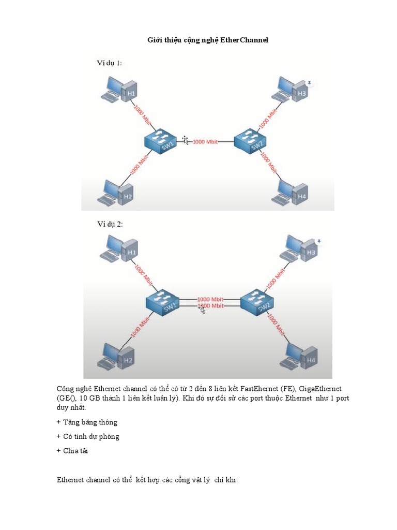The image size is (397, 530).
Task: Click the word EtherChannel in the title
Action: (245, 40)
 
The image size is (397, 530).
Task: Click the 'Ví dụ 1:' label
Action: (110, 63)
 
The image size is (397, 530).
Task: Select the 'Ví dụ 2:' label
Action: (110, 224)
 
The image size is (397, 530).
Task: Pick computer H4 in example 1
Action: (290, 193)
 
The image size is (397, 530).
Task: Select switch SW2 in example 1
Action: (251, 141)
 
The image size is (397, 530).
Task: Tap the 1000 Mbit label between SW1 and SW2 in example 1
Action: (205, 142)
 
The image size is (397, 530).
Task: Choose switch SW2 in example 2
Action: (257, 302)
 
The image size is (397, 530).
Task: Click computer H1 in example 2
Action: (118, 248)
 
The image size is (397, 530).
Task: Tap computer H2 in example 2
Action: (116, 357)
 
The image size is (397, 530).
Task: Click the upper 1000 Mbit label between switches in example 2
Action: (210, 299)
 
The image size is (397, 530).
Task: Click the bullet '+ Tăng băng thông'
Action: (87, 422)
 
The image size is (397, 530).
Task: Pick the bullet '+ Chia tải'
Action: (72, 451)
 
